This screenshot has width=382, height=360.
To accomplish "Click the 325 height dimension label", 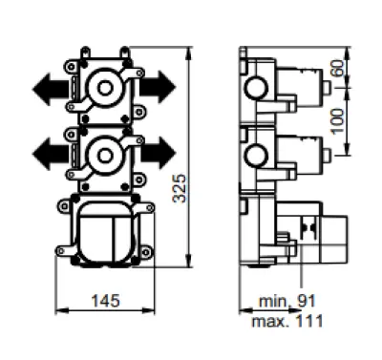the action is pyautogui.click(x=179, y=188).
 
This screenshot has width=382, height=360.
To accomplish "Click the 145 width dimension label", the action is pyautogui.click(x=106, y=300).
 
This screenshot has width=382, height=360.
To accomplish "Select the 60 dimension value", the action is pyautogui.click(x=338, y=68).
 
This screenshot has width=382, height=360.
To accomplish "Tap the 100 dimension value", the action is pyautogui.click(x=338, y=121).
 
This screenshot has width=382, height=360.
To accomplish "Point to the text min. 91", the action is pyautogui.click(x=286, y=301).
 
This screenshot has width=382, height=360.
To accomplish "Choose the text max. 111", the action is pyautogui.click(x=287, y=321).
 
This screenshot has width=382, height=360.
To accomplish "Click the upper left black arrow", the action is pyautogui.click(x=51, y=89).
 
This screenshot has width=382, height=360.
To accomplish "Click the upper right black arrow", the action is pyautogui.click(x=158, y=87).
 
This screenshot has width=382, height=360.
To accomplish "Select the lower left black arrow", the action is pyautogui.click(x=51, y=154).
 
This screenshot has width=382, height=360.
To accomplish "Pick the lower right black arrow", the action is pyautogui.click(x=158, y=153).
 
